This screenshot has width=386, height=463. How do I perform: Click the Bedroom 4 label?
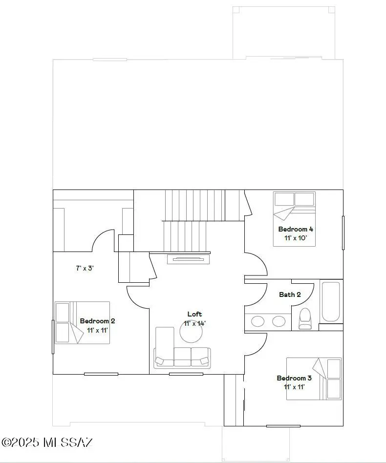point(296,229)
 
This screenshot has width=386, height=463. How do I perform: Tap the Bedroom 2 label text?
point(97,321)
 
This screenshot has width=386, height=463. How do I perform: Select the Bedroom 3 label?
point(294,378)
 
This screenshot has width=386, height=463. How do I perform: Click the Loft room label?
point(194,314)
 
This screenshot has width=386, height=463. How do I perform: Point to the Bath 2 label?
point(290,295)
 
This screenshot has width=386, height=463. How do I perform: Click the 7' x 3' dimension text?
point(85,268)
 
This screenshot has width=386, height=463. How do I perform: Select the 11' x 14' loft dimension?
point(195,323)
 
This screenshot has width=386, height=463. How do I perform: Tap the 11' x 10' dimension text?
point(296,238)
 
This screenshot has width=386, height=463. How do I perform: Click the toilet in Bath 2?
point(305,319)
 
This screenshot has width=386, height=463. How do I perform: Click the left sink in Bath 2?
point(258,321)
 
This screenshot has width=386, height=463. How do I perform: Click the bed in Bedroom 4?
point(294,218)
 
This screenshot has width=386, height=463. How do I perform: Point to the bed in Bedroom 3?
point(314,379)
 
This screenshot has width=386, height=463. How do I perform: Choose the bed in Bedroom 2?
point(82,322)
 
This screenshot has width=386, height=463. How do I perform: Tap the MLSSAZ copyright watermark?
point(47,442)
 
